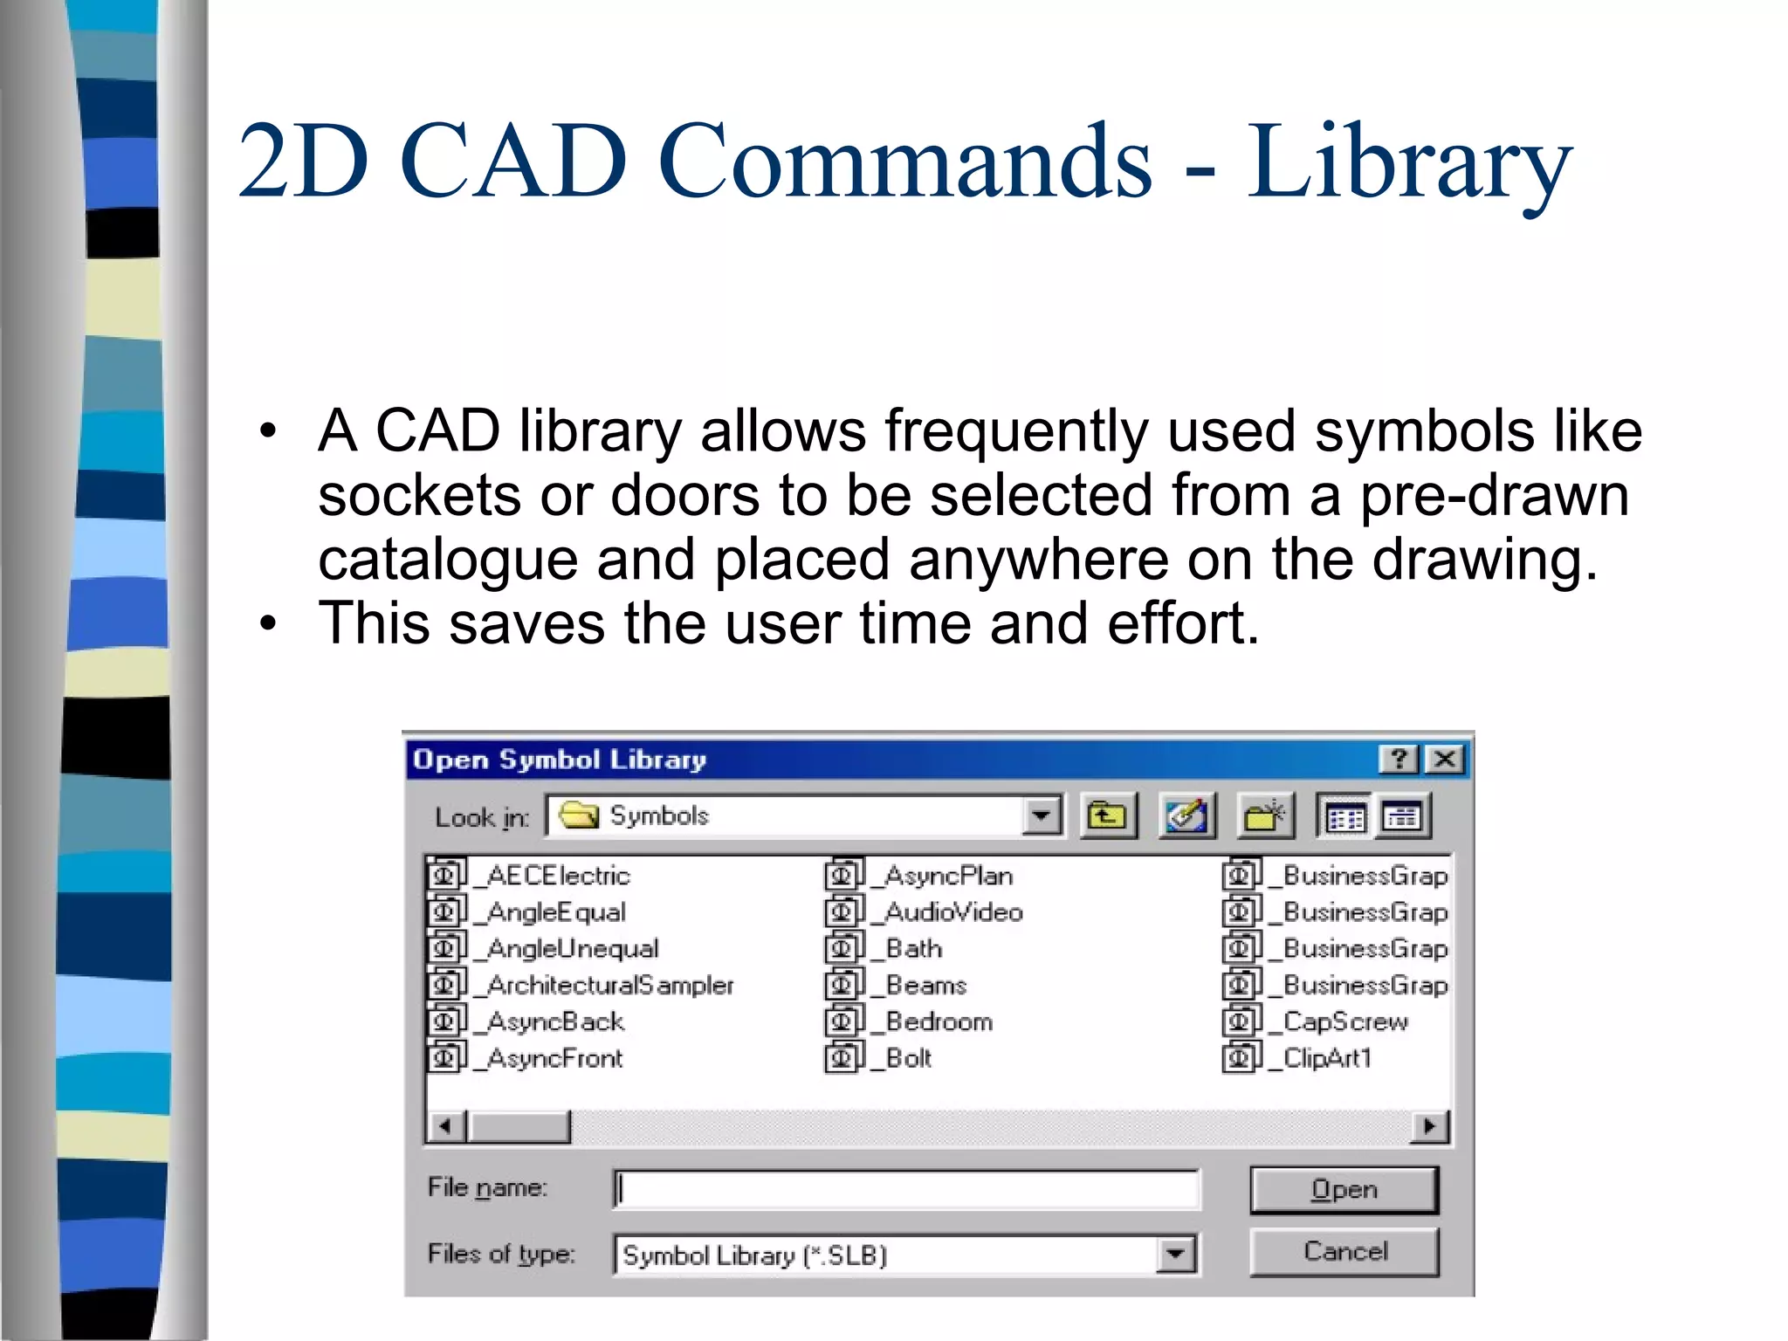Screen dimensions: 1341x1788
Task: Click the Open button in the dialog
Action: pos(1344,1189)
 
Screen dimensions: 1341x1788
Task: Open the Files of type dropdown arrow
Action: pos(1176,1255)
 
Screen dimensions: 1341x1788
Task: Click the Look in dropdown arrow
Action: pos(1041,816)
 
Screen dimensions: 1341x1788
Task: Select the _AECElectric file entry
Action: pos(557,875)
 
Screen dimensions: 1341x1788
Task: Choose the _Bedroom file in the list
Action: pos(938,1021)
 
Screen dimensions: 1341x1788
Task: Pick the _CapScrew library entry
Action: pos(1344,1021)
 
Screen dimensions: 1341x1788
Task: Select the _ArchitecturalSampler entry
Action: pos(609,985)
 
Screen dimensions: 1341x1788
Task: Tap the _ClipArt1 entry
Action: pos(1326,1058)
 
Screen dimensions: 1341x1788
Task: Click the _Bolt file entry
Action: pos(907,1058)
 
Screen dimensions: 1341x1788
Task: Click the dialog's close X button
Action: pos(1445,759)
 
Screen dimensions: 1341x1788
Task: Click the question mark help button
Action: pos(1399,759)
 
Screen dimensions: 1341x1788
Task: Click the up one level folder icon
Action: pos(1108,816)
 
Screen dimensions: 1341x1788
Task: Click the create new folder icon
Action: pos(1264,816)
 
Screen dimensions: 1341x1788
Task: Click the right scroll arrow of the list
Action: pos(1429,1126)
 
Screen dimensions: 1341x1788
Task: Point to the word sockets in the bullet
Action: pos(419,496)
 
